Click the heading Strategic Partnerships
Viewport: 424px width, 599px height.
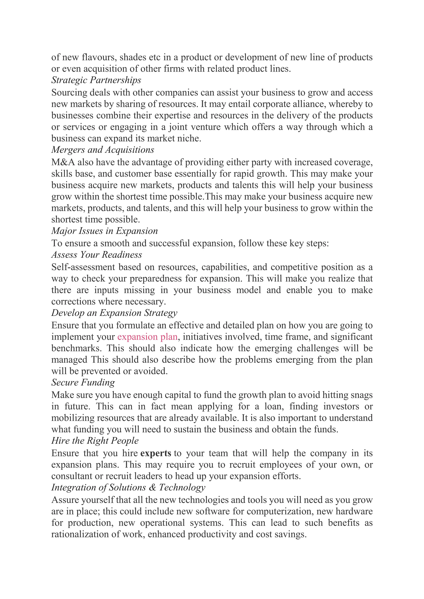96,80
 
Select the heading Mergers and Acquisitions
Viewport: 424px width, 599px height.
103,150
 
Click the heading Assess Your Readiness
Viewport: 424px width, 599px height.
97,255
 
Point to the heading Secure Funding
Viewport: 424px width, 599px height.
83,382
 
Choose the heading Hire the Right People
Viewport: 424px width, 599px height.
95,441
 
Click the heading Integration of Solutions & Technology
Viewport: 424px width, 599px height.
128,487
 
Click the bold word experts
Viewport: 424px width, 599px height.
156,453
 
